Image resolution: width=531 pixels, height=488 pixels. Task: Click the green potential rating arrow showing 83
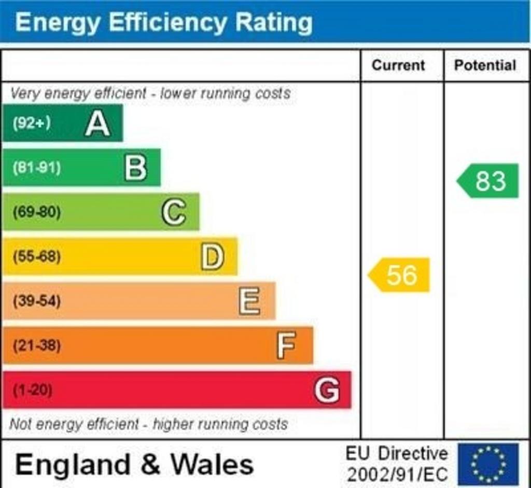488,181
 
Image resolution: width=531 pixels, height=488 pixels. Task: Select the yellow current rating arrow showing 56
400,275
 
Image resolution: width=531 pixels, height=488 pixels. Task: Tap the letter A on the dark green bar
97,124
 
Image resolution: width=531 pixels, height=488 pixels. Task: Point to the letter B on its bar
136,168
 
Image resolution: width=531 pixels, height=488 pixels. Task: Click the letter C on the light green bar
174,212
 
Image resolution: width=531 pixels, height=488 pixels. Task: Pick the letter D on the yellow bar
213,257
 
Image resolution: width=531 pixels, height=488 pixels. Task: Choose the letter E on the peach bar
250,301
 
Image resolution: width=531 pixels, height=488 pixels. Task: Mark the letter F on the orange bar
286,346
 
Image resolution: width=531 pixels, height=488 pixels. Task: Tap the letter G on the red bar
327,390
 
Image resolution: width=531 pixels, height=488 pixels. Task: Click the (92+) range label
32,123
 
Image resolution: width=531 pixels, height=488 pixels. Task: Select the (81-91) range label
36,168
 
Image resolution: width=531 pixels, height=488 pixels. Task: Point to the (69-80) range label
36,212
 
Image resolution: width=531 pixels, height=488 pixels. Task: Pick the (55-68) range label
36,256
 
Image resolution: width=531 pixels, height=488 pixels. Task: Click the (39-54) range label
36,301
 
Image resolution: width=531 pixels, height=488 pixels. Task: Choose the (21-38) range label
36,346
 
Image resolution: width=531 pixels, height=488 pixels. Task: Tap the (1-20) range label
32,390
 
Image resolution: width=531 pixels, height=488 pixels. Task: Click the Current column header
398,65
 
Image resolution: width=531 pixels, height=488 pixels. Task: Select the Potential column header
485,65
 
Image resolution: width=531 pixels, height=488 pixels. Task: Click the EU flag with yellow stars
488,464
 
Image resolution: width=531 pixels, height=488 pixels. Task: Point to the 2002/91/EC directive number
397,474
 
